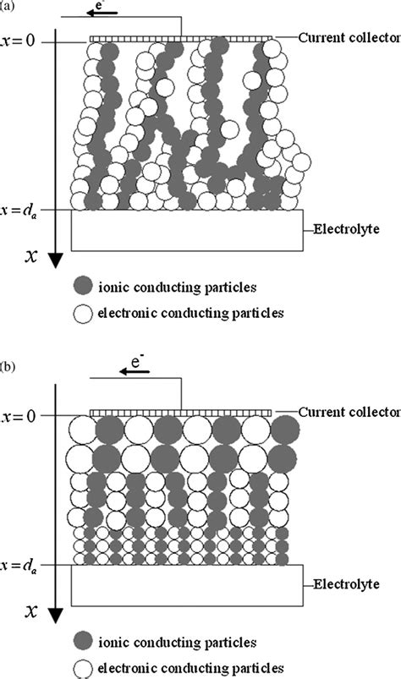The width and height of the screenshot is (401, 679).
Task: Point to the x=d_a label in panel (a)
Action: [x=19, y=209]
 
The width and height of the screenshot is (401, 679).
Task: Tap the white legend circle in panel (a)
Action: [x=84, y=312]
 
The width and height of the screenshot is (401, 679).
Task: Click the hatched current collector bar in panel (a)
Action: [x=181, y=38]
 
